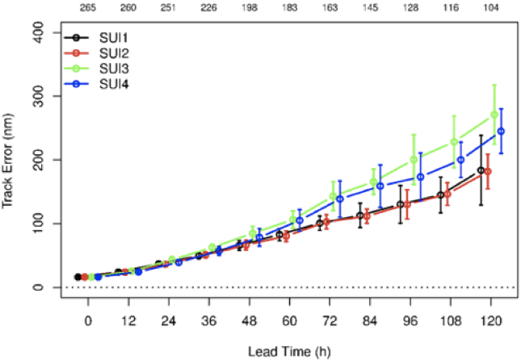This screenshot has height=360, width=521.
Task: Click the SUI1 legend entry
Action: click(x=104, y=37)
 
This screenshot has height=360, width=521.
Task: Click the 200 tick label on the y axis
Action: click(x=38, y=160)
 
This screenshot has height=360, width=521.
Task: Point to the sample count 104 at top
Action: click(x=490, y=8)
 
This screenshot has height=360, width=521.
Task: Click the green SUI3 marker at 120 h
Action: click(x=494, y=115)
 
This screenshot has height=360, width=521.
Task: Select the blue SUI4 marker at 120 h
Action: click(x=501, y=131)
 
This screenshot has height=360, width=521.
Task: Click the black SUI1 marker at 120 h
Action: click(x=481, y=170)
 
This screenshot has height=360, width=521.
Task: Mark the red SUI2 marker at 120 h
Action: click(x=488, y=172)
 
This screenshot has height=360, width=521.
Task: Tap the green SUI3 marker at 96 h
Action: click(x=414, y=160)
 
